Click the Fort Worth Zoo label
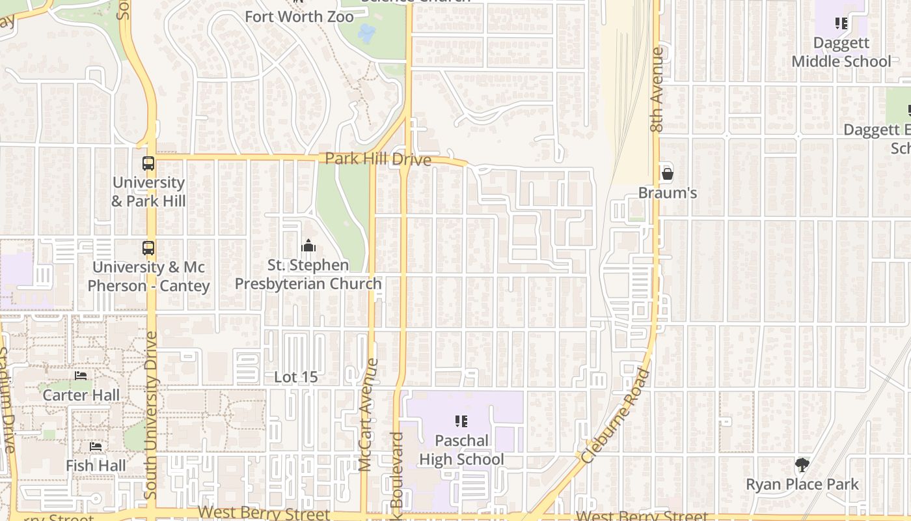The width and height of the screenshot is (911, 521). click(299, 16)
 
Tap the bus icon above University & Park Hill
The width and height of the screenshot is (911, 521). click(148, 163)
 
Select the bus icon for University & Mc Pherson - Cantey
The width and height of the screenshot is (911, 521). click(148, 248)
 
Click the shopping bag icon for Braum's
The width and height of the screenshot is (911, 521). click(667, 174)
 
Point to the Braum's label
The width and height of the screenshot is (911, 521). click(667, 193)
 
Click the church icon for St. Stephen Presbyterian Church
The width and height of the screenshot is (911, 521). click(308, 246)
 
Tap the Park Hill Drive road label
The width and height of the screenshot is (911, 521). click(377, 159)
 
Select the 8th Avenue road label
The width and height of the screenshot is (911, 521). click(657, 89)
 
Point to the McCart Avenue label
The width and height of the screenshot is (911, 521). click(368, 414)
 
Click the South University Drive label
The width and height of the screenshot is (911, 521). click(151, 415)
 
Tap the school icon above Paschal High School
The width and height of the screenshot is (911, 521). click(461, 421)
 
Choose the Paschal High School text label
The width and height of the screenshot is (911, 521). click(461, 450)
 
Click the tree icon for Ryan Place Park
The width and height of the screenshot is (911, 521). click(802, 465)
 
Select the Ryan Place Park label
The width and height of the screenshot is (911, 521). click(802, 485)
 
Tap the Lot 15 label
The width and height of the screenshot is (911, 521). click(295, 377)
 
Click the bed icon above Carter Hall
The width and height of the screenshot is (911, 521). click(81, 376)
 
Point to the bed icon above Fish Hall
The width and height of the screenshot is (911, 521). click(96, 447)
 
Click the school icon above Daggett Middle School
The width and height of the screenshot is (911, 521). click(841, 24)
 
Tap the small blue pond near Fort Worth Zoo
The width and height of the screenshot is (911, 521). click(366, 33)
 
